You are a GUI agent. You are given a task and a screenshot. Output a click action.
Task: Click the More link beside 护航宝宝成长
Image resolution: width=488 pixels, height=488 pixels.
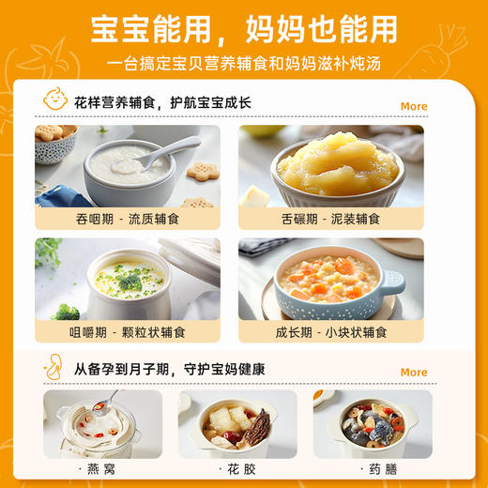(413, 106)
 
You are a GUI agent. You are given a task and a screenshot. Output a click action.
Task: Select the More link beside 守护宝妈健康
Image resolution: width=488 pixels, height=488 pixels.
(413, 372)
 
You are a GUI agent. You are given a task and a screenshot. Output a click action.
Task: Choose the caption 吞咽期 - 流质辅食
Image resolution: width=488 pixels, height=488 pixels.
(128, 219)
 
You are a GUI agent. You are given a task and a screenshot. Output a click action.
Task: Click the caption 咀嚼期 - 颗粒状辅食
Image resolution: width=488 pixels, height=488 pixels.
(128, 332)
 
